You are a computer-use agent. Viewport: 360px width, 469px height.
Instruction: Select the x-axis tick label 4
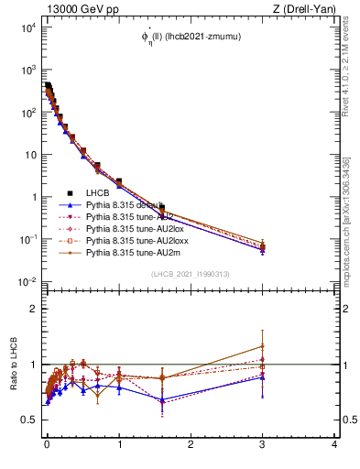(334, 444)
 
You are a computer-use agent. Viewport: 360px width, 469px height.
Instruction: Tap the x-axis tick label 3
(263, 444)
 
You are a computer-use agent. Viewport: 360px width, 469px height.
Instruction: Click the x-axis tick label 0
(47, 444)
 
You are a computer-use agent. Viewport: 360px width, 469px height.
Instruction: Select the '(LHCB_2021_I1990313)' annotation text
(191, 275)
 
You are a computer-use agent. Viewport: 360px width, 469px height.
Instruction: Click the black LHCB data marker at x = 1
(119, 181)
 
